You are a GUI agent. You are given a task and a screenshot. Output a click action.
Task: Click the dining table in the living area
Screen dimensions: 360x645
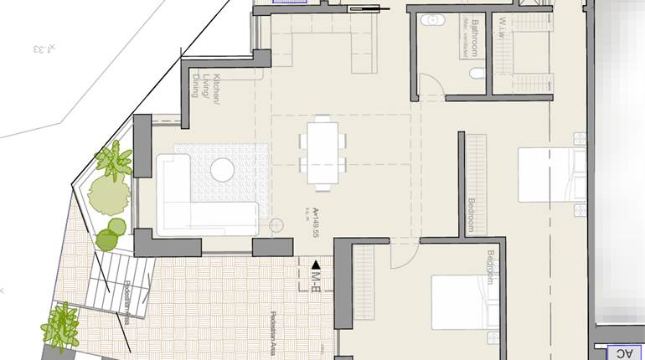point(323,152)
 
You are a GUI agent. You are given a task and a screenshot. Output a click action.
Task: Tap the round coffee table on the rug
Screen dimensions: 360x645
point(222,169)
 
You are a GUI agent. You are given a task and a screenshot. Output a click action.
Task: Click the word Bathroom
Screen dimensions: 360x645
point(475,38)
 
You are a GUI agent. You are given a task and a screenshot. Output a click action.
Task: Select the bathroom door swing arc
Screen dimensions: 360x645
point(429,84)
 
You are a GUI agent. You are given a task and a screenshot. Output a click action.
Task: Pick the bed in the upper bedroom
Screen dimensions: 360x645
point(550,174)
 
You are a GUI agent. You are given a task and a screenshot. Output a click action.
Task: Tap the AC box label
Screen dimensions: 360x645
point(624,353)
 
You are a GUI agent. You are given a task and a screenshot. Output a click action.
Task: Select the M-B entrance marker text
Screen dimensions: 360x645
point(317,276)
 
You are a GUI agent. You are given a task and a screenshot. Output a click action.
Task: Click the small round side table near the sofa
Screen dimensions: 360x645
point(277,225)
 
